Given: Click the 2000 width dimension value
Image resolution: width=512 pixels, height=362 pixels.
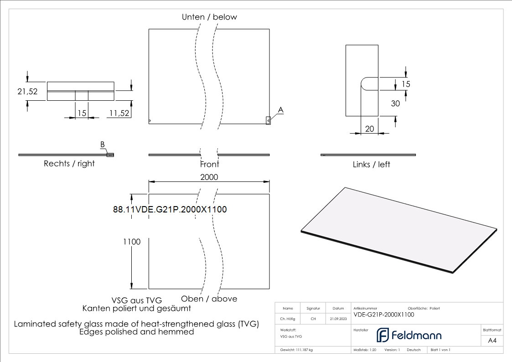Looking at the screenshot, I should click(x=209, y=177).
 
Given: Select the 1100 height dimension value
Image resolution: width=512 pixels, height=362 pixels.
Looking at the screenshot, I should click(x=131, y=242).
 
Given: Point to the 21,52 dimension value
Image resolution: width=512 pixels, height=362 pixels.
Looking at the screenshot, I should click(x=27, y=91).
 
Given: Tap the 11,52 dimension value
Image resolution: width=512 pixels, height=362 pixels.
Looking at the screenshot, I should click(x=119, y=113).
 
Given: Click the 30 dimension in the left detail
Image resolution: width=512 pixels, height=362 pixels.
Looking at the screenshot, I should click(x=395, y=103).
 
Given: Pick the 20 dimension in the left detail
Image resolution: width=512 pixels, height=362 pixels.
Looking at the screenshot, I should click(x=369, y=129).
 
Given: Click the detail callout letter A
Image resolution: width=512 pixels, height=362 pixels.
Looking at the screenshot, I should click(x=281, y=110).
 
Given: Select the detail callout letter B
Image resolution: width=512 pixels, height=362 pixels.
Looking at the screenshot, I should click(x=103, y=145).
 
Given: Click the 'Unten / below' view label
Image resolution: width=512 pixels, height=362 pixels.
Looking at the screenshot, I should click(x=209, y=17).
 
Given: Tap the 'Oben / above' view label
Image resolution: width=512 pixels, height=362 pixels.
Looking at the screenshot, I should click(x=209, y=299).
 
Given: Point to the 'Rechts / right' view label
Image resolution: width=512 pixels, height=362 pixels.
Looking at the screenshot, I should click(x=69, y=164).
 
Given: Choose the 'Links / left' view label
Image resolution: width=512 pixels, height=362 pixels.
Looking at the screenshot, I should click(x=372, y=164).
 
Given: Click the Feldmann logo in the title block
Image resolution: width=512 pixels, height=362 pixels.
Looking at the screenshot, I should click(x=409, y=336).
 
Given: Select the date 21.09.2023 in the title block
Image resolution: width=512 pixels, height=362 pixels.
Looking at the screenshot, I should click(x=338, y=319).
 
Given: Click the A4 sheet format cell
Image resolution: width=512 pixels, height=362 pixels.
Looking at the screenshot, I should click(x=492, y=341).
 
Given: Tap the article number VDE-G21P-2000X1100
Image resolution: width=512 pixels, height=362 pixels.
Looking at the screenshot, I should click(x=384, y=315).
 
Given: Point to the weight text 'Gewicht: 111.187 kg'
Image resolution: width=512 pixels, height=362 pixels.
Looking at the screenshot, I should click(x=296, y=350).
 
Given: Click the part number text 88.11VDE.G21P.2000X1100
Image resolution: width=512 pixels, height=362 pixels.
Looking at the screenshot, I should click(x=170, y=209).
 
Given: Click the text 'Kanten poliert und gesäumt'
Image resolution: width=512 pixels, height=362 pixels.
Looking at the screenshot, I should click(x=136, y=309).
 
